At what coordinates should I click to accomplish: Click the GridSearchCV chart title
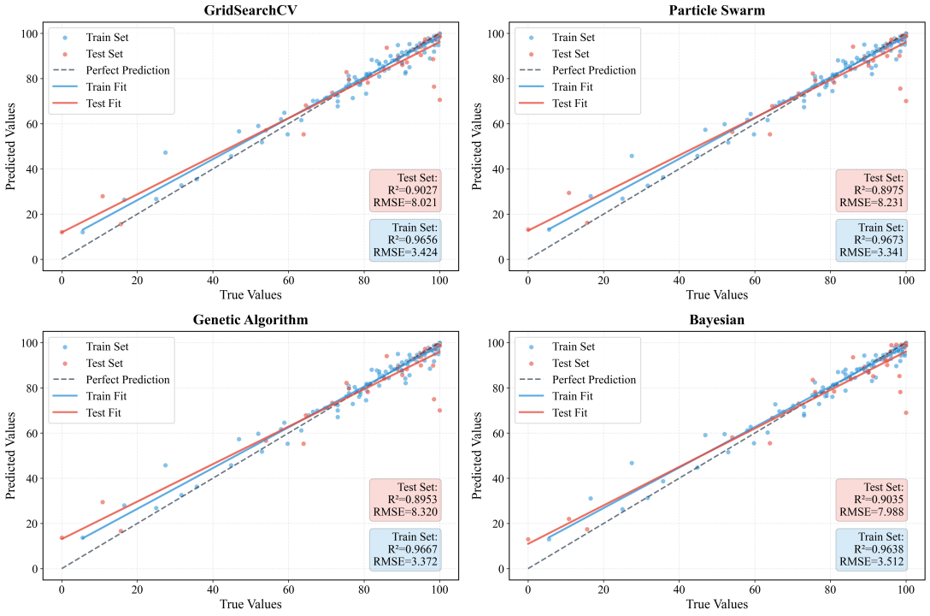point(250,10)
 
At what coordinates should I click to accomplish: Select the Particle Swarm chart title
point(716,10)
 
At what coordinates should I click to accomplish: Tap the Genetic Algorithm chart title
point(250,320)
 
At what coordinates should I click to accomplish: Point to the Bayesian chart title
point(716,320)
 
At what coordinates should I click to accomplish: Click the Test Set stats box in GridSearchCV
point(406,191)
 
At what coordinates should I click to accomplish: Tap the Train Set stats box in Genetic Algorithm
point(406,549)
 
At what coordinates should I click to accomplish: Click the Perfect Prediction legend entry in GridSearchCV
point(127,70)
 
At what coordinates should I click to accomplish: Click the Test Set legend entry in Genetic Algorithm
point(104,363)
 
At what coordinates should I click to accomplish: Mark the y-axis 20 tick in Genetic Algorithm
point(33,524)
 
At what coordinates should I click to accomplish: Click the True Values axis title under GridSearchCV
point(250,294)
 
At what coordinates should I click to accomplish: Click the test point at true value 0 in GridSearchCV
point(62,232)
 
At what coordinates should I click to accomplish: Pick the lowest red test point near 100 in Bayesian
point(905,412)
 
